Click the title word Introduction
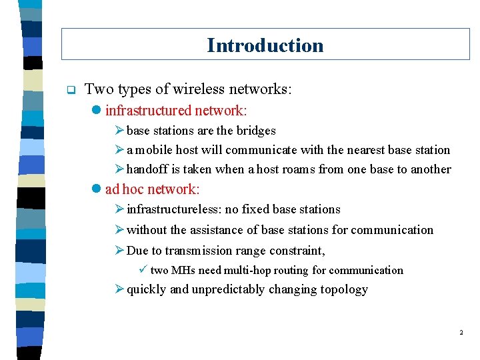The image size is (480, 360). click(265, 45)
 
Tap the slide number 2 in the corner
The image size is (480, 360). click(461, 331)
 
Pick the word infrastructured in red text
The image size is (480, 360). click(147, 110)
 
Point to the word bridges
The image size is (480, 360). click(255, 131)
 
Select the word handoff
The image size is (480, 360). click(146, 169)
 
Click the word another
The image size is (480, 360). click(431, 169)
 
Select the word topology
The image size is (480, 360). click(344, 289)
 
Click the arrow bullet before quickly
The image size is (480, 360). click(120, 289)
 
